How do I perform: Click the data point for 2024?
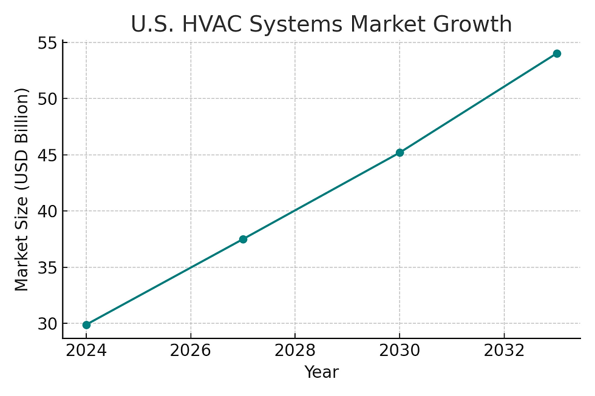[86, 325]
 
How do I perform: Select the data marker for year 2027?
[243, 240]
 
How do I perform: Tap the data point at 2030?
[399, 153]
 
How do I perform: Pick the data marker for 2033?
[557, 53]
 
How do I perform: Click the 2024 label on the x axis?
[86, 352]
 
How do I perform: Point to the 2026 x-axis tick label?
[191, 352]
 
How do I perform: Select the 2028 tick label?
[295, 352]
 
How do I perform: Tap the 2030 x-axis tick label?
[399, 352]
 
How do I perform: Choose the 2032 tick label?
[504, 352]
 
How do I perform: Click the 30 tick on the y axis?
[47, 324]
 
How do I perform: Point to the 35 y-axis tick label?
[47, 267]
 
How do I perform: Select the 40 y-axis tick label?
[47, 211]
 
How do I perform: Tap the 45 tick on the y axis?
[47, 155]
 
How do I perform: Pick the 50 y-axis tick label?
[47, 98]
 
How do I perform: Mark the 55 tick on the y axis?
[47, 42]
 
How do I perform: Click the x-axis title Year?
[321, 372]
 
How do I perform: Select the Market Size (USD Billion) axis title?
[22, 189]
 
